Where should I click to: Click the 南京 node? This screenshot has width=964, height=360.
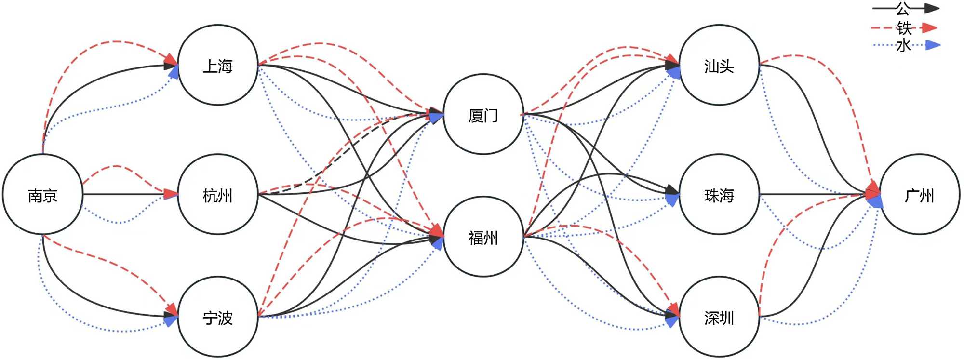coord(42,195)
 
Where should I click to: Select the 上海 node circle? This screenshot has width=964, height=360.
coord(218,65)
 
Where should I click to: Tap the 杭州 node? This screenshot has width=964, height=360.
coord(218,195)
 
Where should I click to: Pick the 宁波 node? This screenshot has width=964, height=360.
coord(218,317)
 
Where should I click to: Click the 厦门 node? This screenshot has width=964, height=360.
coord(483,114)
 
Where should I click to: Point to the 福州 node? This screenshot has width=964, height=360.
coord(483,237)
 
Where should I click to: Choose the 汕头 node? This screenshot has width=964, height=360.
coord(719,65)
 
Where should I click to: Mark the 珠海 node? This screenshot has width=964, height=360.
coord(719,195)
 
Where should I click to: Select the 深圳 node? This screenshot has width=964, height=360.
coord(719,317)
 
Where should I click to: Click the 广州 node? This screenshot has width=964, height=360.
coord(920,195)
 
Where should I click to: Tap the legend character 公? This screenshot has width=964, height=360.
coord(903,8)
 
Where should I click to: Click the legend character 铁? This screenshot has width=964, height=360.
coord(904,28)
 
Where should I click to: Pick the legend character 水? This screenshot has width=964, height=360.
coord(903,45)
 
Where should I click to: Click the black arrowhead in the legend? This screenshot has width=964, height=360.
coord(931,8)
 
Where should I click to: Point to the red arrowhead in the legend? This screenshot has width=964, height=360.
coord(930,28)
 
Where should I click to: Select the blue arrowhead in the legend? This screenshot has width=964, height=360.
coord(933,45)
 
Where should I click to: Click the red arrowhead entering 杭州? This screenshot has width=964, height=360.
coord(171,194)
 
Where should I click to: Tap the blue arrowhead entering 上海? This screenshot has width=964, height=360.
coord(174,72)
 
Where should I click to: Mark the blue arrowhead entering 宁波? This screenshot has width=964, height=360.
coord(171,320)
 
